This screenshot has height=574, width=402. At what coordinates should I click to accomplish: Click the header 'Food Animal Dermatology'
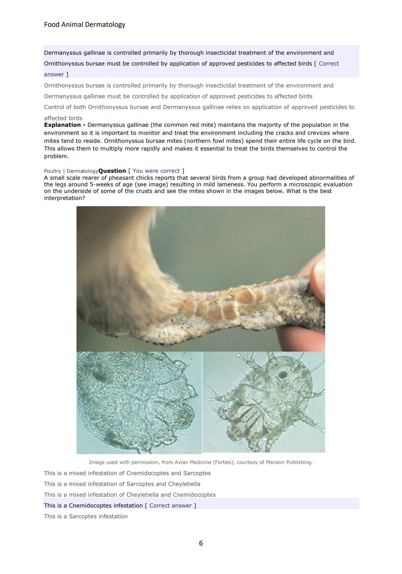pyautogui.click(x=85, y=24)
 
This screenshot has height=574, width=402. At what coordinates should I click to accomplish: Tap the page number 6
pyautogui.click(x=201, y=543)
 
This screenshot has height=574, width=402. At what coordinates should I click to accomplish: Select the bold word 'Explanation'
pyautogui.click(x=62, y=125)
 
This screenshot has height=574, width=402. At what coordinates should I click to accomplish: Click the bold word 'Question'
pyautogui.click(x=112, y=171)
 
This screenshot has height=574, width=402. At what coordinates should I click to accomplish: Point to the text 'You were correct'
pyautogui.click(x=156, y=171)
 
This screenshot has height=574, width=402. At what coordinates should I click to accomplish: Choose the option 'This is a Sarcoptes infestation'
pyautogui.click(x=86, y=516)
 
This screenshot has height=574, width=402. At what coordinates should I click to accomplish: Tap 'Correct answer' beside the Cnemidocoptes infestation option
pyautogui.click(x=170, y=505)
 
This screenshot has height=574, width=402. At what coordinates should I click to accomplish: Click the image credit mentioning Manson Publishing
pyautogui.click(x=201, y=462)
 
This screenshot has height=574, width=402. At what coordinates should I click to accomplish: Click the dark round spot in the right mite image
pyautogui.click(x=282, y=375)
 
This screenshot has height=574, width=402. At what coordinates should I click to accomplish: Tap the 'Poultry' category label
pyautogui.click(x=53, y=171)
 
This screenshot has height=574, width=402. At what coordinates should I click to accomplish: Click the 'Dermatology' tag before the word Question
pyautogui.click(x=82, y=171)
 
